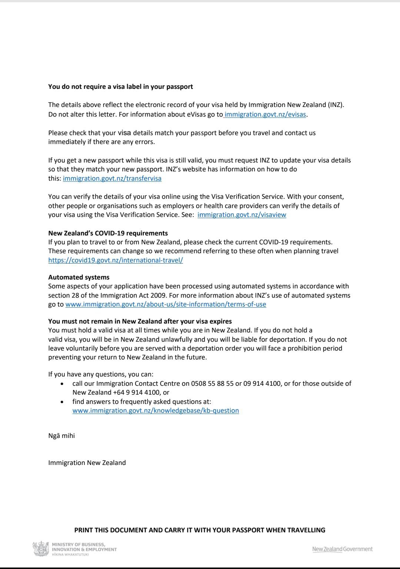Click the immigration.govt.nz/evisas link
[x=265, y=114]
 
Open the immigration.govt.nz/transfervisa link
[x=112, y=178]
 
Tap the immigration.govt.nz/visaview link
[x=242, y=215]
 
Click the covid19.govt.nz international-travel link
[x=116, y=260]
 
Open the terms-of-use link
[x=166, y=304]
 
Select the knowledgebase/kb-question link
[x=156, y=411]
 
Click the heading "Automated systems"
[x=79, y=277]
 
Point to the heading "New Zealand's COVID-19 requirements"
[x=108, y=233]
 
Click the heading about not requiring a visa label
[x=120, y=87]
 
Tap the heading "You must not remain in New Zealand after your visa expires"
[x=140, y=321]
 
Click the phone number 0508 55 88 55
[x=212, y=384]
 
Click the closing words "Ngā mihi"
[x=61, y=436]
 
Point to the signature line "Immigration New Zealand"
[x=87, y=463]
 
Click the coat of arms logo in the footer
[x=41, y=549]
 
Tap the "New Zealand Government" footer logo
[x=342, y=549]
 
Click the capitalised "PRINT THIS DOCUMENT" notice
[x=200, y=530]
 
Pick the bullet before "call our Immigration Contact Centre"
[x=62, y=384]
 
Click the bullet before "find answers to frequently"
[x=62, y=402]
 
